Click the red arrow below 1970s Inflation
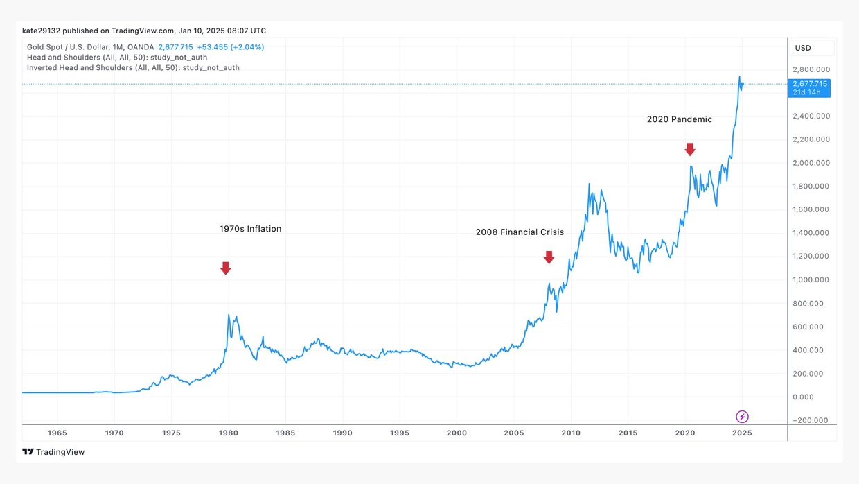[226, 268]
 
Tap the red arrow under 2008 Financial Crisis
[549, 257]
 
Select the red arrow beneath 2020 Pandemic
[690, 149]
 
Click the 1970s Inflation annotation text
[250, 229]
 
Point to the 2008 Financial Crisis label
[520, 232]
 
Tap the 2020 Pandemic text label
[679, 119]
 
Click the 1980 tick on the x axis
[229, 433]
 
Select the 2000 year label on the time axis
[457, 433]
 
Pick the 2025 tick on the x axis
[742, 433]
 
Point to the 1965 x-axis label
[57, 433]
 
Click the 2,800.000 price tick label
[811, 69]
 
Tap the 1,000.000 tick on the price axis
[811, 279]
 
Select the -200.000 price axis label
[811, 420]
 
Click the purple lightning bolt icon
[742, 417]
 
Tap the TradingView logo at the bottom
[53, 452]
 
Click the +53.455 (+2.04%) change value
[231, 47]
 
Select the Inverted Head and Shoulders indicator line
[133, 67]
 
